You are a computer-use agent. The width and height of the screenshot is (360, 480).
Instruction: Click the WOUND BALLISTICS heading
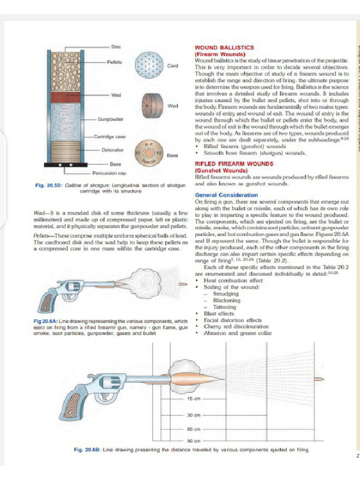click(224, 48)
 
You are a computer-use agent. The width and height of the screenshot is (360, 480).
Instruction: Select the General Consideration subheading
click(226, 195)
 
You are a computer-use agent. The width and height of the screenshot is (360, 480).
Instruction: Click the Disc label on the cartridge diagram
click(116, 47)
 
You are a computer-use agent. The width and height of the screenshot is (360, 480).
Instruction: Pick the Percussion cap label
click(110, 173)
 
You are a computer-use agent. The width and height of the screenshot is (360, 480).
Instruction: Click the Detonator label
click(112, 150)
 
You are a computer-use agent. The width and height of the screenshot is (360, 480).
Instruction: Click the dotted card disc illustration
click(149, 65)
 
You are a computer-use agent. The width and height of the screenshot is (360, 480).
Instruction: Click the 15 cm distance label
click(194, 398)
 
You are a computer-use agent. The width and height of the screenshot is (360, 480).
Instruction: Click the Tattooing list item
click(225, 307)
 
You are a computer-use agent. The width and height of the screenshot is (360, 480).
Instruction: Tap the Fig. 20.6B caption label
click(87, 450)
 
